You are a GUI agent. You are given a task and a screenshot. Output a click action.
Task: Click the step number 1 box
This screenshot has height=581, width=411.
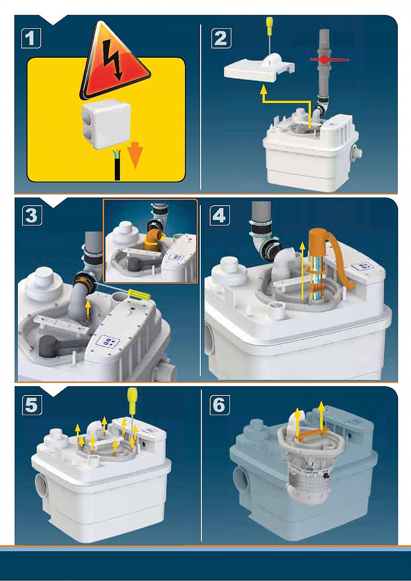(x=31, y=38)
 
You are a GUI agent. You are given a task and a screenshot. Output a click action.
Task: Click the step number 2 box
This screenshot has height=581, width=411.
(x=221, y=38)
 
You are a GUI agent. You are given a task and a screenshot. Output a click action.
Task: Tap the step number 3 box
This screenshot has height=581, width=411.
(x=32, y=216)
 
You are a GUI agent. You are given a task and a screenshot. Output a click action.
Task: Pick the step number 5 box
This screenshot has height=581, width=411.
(x=32, y=405)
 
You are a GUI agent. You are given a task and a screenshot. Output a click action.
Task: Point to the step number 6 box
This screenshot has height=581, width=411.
(x=219, y=404)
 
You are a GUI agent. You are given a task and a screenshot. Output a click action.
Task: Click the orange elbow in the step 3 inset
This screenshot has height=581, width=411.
(x=153, y=238)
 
